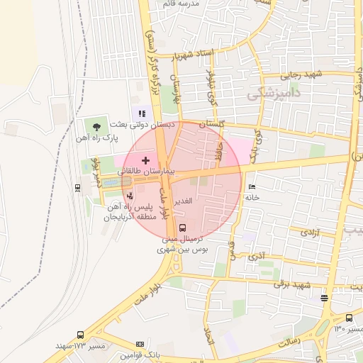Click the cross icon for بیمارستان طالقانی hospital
pyautogui.click(x=146, y=161)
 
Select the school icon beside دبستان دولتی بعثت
pyautogui.click(x=140, y=112)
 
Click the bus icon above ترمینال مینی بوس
pyautogui.click(x=183, y=228)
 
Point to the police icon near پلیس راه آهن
pyautogui.click(x=129, y=194)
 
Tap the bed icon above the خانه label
pyautogui.click(x=252, y=186)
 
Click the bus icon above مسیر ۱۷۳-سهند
pyautogui.click(x=80, y=335)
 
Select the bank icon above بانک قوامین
pyautogui.click(x=140, y=345)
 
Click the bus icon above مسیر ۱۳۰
pyautogui.click(x=349, y=318)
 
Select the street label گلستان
pyautogui.click(x=212, y=124)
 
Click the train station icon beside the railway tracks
pyautogui.click(x=77, y=187)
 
